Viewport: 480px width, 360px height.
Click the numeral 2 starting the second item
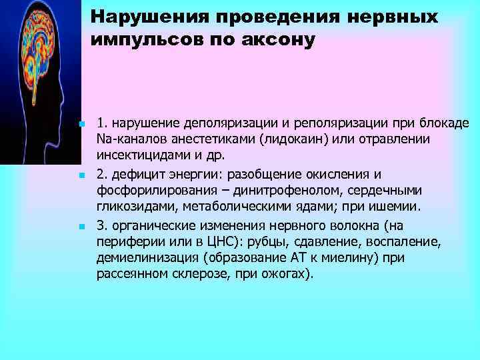coord(100,175)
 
